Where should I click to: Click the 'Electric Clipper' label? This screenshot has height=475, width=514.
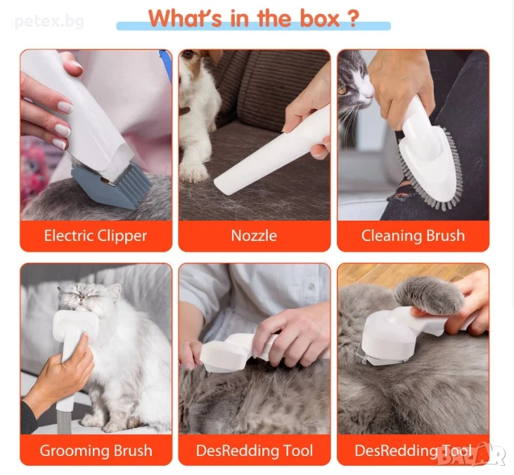(x=96, y=236)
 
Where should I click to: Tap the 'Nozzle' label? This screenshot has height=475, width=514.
(x=254, y=236)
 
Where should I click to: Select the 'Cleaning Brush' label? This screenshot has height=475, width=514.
(x=413, y=236)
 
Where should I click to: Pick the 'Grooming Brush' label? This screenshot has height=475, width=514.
(x=96, y=451)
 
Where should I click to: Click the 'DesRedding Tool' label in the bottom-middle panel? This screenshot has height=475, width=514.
(x=255, y=451)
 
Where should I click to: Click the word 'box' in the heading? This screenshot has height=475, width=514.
(x=320, y=19)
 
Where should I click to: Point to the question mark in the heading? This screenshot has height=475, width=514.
(x=353, y=19)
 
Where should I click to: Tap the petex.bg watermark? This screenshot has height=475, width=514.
(x=49, y=22)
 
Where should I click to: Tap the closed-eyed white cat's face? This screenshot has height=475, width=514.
(x=89, y=298)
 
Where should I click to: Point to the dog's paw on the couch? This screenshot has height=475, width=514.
(x=193, y=172)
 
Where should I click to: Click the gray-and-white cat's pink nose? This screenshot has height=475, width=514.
(x=369, y=93)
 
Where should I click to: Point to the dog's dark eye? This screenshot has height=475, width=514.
(x=188, y=55)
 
